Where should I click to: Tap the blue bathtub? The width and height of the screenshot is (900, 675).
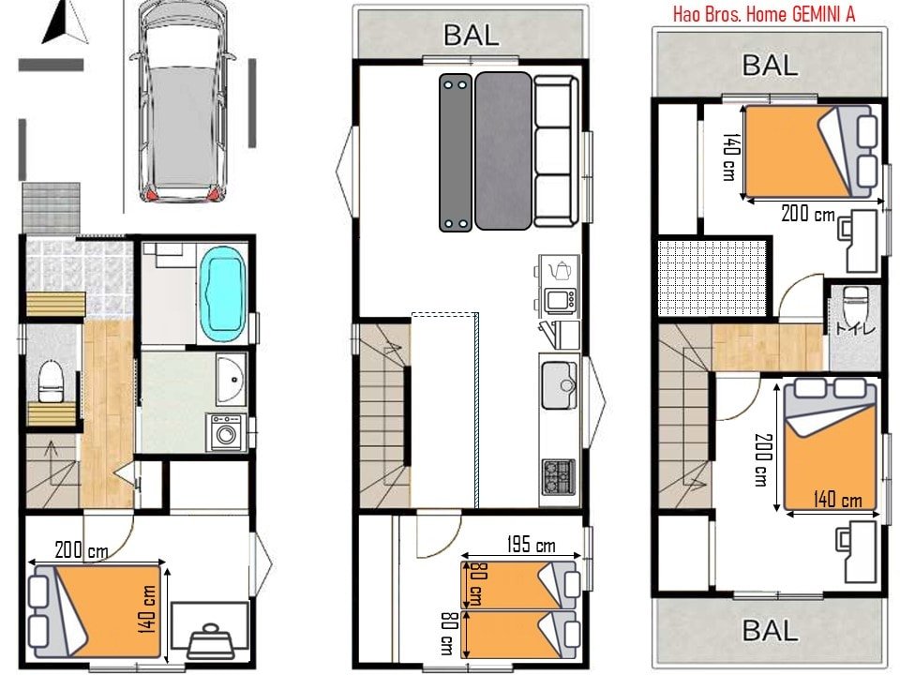223,293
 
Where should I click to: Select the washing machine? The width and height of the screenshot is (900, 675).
226,433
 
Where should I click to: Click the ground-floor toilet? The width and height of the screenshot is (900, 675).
51,380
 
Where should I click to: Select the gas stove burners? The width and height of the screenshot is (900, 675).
560,477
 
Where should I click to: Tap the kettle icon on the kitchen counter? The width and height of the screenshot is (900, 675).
561,270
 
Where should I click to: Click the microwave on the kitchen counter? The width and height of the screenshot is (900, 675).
561,300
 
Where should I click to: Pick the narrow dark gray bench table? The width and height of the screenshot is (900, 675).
457,153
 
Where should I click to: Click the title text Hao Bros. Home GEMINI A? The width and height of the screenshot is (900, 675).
764,14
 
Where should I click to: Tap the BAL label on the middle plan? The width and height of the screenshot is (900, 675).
472,36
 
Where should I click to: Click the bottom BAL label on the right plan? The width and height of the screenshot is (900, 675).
770,629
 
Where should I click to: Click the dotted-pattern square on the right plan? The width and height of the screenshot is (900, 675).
712,277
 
